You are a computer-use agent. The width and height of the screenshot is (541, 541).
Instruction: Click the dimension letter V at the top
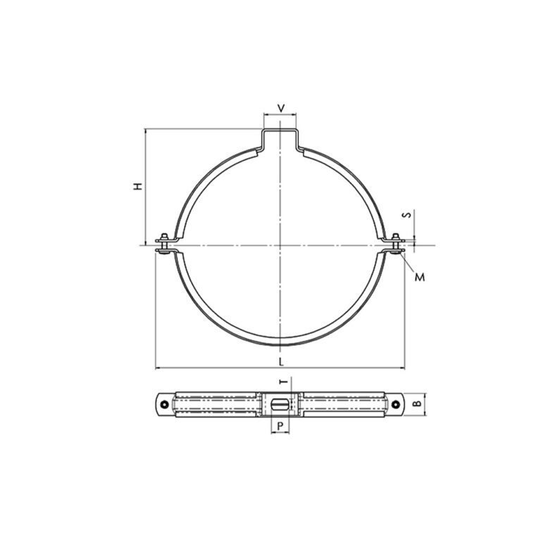coord(281,108)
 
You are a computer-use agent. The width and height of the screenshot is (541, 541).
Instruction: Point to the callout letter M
coord(420,277)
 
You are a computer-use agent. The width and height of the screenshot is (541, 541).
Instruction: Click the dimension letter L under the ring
coord(281,361)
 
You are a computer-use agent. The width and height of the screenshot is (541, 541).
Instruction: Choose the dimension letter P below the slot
coord(280,425)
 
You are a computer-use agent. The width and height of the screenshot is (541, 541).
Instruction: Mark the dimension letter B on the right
coord(416,404)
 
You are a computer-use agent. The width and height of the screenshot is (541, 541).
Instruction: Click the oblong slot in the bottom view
coord(280,404)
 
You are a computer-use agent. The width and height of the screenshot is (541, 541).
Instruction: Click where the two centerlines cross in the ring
coord(280,245)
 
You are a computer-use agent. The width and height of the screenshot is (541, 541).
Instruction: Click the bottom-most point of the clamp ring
coord(280,345)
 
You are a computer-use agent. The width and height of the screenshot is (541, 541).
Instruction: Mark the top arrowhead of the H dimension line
coord(145,131)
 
